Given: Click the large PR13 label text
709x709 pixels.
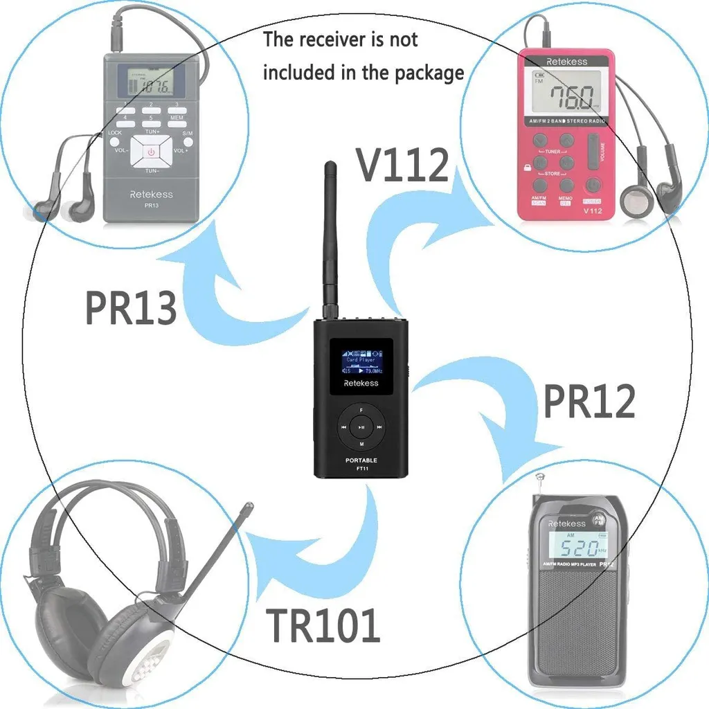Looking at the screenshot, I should click(131, 307).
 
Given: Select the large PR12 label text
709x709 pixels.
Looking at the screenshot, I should click(589, 401).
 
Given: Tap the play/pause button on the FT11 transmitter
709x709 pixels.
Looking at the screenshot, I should click(361, 427).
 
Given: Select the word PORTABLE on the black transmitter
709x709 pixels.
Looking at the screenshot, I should click(361, 460).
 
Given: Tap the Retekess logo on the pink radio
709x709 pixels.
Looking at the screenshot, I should click(566, 62).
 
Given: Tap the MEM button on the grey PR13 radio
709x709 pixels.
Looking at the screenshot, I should click(177, 119).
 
